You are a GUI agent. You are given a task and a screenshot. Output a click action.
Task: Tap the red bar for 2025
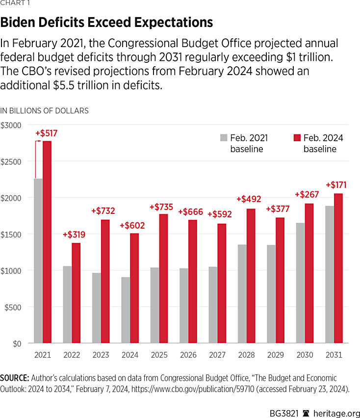(x=164, y=279)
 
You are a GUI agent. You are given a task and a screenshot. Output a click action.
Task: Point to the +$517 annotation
(x=47, y=133)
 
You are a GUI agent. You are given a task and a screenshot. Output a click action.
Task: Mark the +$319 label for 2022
(x=74, y=235)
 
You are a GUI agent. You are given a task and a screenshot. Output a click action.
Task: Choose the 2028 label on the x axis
(x=248, y=354)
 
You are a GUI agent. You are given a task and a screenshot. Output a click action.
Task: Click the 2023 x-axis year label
(x=102, y=354)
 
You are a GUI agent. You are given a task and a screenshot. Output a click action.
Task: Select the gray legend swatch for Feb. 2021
(x=224, y=138)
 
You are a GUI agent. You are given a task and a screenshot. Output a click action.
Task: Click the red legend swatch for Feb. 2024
(x=296, y=138)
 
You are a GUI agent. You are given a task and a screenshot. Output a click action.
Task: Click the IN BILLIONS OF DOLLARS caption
(x=45, y=111)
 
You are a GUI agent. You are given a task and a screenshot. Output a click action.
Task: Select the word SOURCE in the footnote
(x=14, y=378)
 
